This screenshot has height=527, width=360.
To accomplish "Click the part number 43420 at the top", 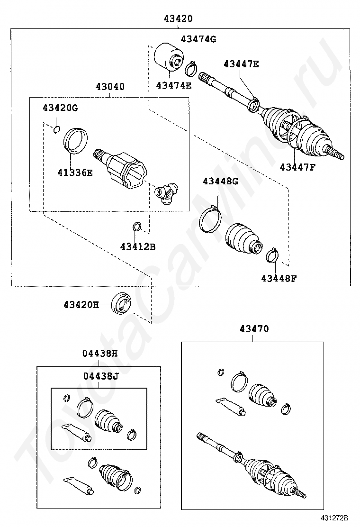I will (178, 19).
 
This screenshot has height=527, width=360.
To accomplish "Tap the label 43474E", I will (173, 85).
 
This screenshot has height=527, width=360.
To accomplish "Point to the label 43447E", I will (241, 64).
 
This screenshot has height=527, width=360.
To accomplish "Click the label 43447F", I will (297, 167).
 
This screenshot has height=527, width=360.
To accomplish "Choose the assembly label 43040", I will (110, 87).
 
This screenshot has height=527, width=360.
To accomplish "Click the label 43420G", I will (60, 108).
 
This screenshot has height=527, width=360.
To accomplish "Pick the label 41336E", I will (76, 173).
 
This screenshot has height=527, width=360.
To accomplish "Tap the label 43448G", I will (220, 181).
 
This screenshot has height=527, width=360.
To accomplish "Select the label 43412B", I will (137, 246).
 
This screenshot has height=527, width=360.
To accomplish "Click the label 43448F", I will (279, 278).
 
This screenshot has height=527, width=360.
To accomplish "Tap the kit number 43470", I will (253, 328).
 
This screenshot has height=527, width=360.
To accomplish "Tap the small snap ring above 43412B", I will (137, 227).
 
